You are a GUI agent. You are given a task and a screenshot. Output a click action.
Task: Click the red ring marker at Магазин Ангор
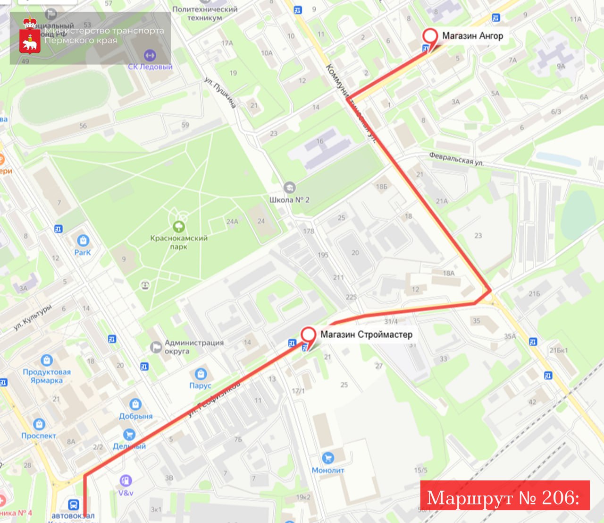pyautogui.click(x=430, y=36)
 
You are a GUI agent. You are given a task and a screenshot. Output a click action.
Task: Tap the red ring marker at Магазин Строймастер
pyautogui.click(x=308, y=334)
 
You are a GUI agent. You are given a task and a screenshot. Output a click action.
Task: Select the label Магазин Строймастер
pyautogui.click(x=366, y=334)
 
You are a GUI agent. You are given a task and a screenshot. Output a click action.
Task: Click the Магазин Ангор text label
pyautogui.click(x=472, y=35)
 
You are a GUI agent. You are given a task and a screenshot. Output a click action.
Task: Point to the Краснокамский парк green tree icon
pyautogui.click(x=179, y=227)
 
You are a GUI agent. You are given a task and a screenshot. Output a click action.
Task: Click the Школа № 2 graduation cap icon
pyautogui.click(x=289, y=188)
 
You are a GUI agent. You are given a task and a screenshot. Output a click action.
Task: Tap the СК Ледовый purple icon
pyautogui.click(x=150, y=55)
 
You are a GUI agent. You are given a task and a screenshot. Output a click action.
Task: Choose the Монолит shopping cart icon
pyautogui.click(x=327, y=458)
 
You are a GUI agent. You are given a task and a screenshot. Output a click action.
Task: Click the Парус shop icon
pyautogui.click(x=201, y=374)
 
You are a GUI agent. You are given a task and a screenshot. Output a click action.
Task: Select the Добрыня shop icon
pyautogui.click(x=136, y=404)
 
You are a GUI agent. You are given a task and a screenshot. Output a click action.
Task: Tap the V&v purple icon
pyautogui.click(x=126, y=481)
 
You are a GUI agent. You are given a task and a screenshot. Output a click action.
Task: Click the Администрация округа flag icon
pyautogui.click(x=156, y=347)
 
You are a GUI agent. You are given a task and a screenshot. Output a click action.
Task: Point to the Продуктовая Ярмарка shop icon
pyautogui.click(x=47, y=360)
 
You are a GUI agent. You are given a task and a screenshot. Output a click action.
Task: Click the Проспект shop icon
pyautogui.click(x=39, y=424)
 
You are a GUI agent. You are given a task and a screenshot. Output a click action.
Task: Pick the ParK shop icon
pyautogui.click(x=83, y=240)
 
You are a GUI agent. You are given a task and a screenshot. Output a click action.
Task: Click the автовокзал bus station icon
pyautogui.click(x=73, y=505)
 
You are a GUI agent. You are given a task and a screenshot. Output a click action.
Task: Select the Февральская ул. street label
pyautogui.click(x=456, y=159)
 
